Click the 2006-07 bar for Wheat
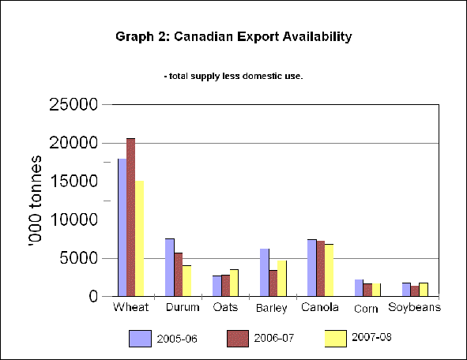click(131, 217)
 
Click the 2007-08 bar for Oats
click(234, 283)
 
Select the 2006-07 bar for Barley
click(272, 283)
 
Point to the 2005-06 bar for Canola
click(311, 268)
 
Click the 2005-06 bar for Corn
click(359, 287)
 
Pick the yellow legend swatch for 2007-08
click(337, 338)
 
